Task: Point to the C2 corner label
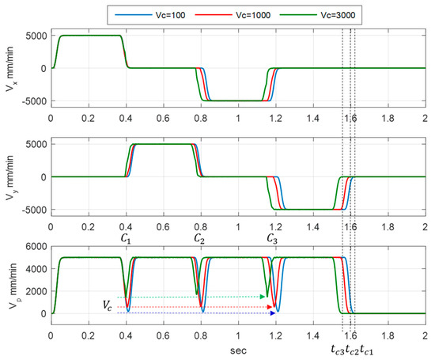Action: pos(201,237)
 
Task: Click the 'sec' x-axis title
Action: pos(238,345)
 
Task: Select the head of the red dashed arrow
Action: pos(274,306)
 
